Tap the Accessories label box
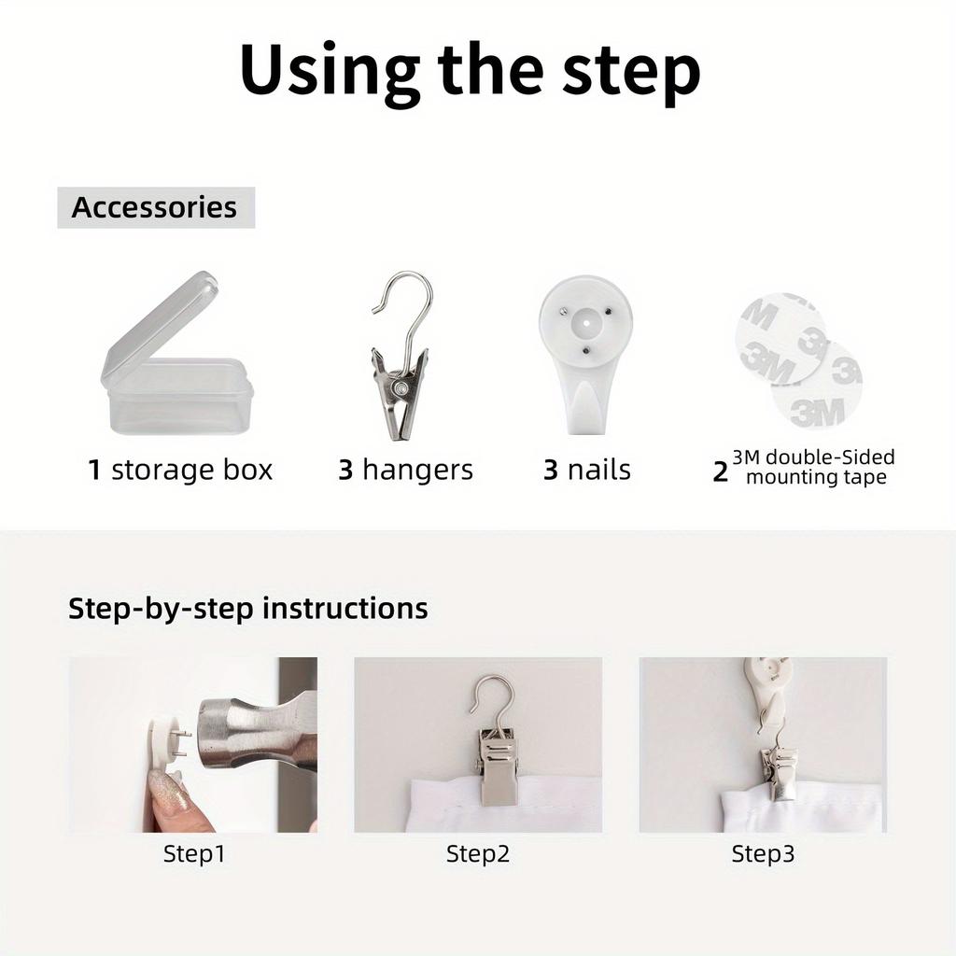coord(156,207)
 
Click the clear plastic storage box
coord(176,354)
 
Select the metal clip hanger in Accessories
coord(401,356)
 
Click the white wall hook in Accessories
coord(585,354)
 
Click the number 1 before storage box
coord(94,471)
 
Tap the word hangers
coord(417,471)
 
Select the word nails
coord(598,471)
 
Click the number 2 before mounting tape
coord(720,472)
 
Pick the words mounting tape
coord(816,477)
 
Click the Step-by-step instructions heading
coord(248,609)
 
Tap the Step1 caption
coord(194,854)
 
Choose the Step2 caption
coord(478,854)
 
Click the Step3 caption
coord(763,854)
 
